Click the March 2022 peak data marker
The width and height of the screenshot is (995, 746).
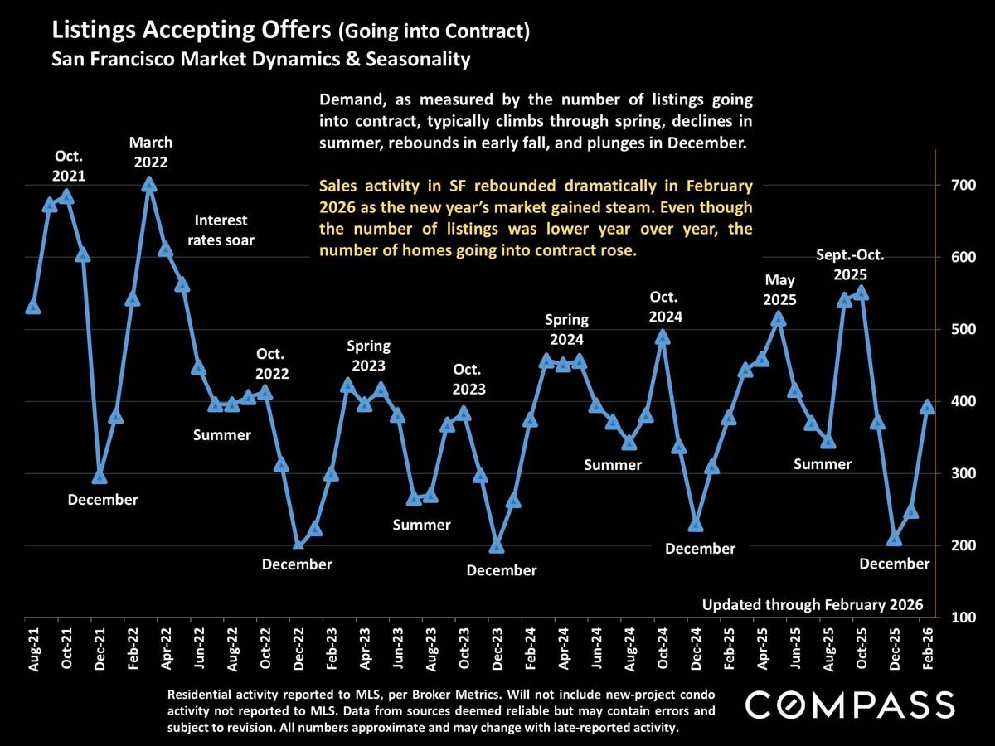(x=149, y=184)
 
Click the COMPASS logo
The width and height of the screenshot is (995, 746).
(x=849, y=705)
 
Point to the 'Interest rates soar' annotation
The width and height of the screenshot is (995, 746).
(x=221, y=230)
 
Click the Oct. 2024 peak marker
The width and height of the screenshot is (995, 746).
(x=663, y=337)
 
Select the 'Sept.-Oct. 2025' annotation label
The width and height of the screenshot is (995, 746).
(x=850, y=264)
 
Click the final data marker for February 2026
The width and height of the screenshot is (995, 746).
(x=928, y=407)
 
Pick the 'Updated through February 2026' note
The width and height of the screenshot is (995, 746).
(x=812, y=605)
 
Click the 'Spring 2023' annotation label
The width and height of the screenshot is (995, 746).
(x=368, y=355)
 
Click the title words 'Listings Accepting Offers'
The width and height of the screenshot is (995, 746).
(x=192, y=31)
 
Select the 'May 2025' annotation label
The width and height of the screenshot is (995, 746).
(x=779, y=289)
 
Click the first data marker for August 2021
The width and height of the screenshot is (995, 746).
(x=33, y=307)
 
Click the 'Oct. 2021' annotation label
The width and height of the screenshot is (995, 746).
(x=70, y=166)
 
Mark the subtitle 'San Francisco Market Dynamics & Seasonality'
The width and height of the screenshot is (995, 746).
(x=260, y=60)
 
